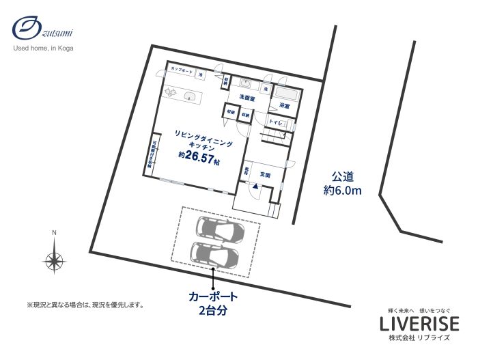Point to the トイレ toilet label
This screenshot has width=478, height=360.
[x=276, y=123]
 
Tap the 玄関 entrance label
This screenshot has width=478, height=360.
[x=266, y=175]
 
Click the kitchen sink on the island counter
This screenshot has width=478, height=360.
[x=191, y=96]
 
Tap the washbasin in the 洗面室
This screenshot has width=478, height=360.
[x=246, y=85]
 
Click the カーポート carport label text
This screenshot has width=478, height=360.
[x=213, y=297]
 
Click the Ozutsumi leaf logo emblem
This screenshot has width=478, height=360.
[x=27, y=31]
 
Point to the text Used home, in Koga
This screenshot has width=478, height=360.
[x=44, y=49]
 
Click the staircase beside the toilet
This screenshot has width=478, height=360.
[x=276, y=138]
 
